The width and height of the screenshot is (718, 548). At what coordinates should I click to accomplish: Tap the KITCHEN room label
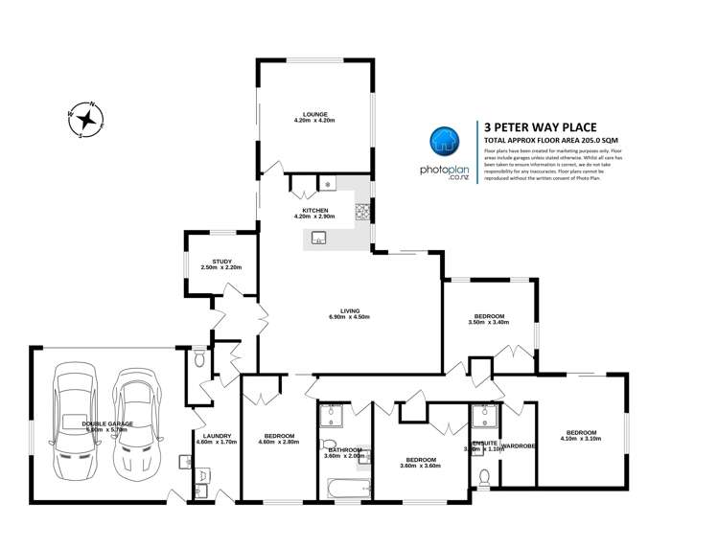click(x=315, y=210)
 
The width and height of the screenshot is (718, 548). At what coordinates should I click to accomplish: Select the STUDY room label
click(x=222, y=261)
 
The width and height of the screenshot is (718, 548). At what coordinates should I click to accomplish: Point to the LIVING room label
click(x=349, y=309)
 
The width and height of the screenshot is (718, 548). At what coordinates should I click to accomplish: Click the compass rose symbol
click(x=87, y=120)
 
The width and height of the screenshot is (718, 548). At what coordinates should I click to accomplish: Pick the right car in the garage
click(x=134, y=422)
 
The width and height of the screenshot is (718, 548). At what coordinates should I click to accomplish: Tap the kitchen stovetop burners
click(x=365, y=211)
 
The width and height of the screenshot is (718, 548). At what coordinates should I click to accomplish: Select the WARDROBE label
click(x=518, y=445)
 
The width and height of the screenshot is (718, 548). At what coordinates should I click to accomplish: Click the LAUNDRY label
click(x=214, y=436)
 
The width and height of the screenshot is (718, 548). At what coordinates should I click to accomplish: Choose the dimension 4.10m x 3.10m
click(x=581, y=438)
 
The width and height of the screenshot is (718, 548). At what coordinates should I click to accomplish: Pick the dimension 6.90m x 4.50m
click(x=349, y=316)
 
